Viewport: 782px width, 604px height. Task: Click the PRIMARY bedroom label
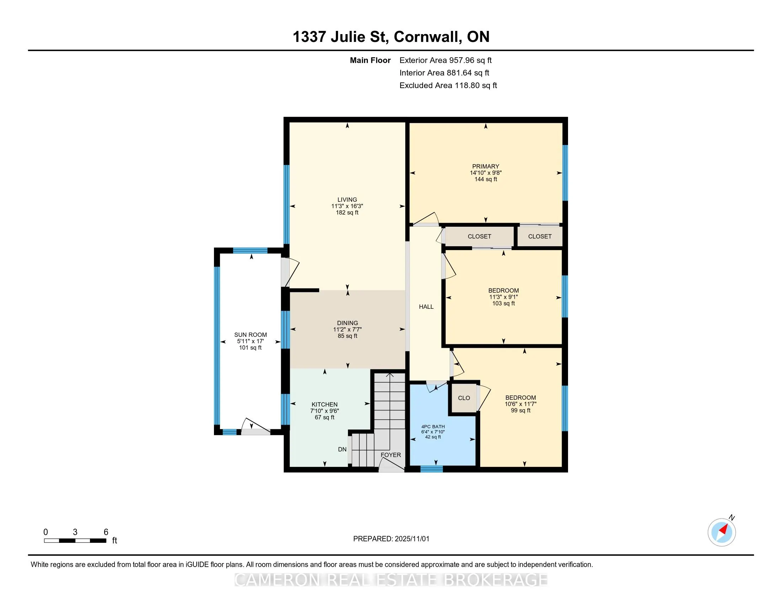[486, 166]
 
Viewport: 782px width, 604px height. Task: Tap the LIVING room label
[347, 200]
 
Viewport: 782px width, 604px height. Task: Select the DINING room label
[347, 323]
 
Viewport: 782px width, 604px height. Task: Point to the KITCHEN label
[325, 404]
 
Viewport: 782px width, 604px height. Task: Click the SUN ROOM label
[250, 335]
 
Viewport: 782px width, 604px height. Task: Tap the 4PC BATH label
[433, 426]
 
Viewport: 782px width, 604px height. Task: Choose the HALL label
[426, 307]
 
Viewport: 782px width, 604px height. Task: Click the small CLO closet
[464, 398]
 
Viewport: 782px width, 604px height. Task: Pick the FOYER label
[391, 455]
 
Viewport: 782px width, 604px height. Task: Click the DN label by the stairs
[342, 449]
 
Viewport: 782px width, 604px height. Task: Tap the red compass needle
[724, 529]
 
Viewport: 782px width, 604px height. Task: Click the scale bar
[75, 541]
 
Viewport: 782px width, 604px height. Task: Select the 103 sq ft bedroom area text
[503, 303]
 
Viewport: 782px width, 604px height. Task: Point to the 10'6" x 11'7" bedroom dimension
[520, 404]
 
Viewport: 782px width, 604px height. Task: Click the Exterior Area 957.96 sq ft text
[445, 60]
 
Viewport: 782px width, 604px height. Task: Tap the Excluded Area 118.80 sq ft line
[448, 85]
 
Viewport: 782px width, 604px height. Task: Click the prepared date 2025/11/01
[411, 539]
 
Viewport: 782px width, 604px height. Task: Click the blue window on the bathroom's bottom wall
[431, 469]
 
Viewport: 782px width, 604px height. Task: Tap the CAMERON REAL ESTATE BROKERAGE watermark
[391, 580]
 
